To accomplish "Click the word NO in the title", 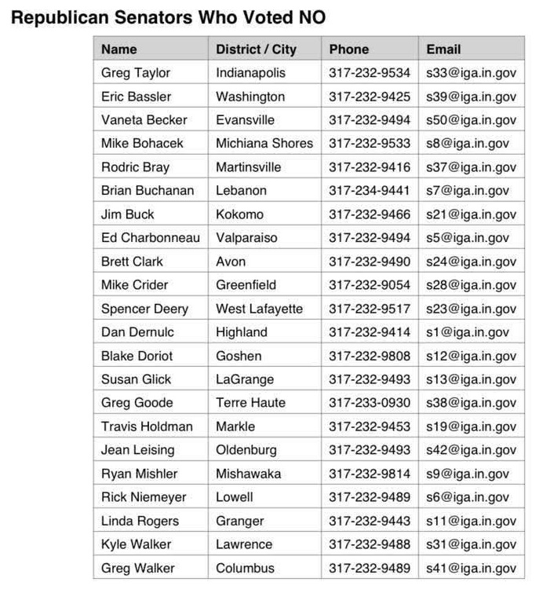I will [308, 17].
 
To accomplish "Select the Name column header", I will [119, 49].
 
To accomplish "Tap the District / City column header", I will [256, 49].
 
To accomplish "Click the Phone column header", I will [349, 49].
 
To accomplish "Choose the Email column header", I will [443, 49].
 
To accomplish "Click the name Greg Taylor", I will [136, 72].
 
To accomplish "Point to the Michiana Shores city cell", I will [264, 143].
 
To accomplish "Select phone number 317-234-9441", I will [370, 190].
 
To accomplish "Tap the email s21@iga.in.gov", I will [471, 214].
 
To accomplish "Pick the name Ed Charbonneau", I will [150, 237].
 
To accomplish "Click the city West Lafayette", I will [259, 308].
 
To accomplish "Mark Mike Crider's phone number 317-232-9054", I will [370, 284].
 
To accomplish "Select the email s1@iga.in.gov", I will [468, 331].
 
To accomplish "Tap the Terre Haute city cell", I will [251, 402].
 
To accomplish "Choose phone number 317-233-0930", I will [370, 402].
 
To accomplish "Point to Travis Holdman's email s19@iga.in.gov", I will [471, 426].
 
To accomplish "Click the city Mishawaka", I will [249, 474].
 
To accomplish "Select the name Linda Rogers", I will [140, 521].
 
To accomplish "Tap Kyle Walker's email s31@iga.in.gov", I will [471, 544].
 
